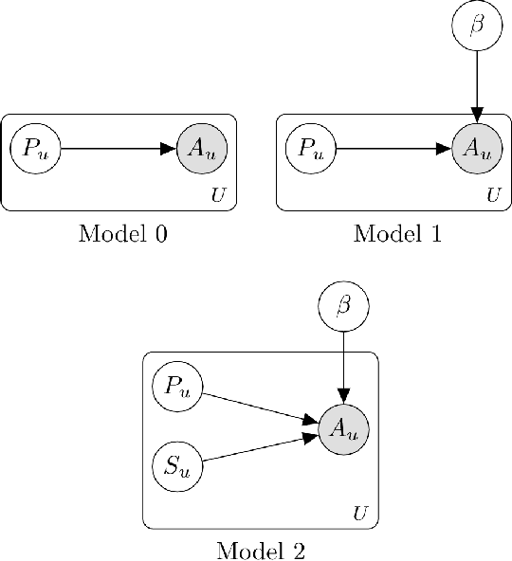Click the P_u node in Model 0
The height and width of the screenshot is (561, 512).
[35, 149]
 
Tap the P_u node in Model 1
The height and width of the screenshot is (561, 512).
[310, 149]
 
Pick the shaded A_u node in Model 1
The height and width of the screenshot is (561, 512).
[478, 149]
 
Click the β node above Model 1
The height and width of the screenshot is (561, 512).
[478, 26]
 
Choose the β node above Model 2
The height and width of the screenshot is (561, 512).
[344, 305]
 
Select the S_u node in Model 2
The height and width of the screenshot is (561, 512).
[176, 465]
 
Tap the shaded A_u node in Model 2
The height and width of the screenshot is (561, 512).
[344, 427]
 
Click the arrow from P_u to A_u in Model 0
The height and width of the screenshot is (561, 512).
[119, 149]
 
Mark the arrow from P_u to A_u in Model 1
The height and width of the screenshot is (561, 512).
[393, 149]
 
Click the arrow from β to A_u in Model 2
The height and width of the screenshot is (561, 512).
[344, 366]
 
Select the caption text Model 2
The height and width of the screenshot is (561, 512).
[262, 550]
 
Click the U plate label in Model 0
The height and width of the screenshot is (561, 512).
[217, 196]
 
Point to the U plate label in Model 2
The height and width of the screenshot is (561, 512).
[359, 515]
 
